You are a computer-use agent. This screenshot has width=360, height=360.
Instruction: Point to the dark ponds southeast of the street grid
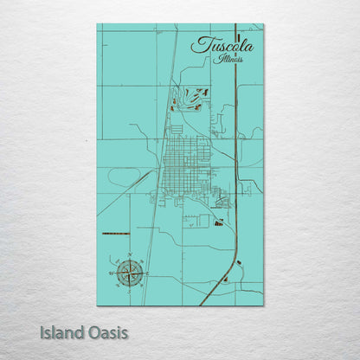click(217, 222)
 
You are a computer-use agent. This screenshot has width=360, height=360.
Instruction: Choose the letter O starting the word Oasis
click(90, 331)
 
